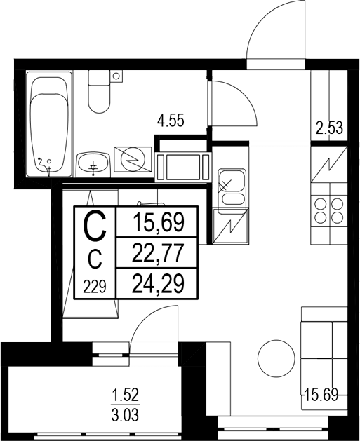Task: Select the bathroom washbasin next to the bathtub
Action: tap(93, 164)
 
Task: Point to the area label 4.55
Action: tap(171, 121)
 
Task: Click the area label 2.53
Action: tap(328, 128)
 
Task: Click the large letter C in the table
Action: tap(95, 226)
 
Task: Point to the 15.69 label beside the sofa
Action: tap(321, 394)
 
